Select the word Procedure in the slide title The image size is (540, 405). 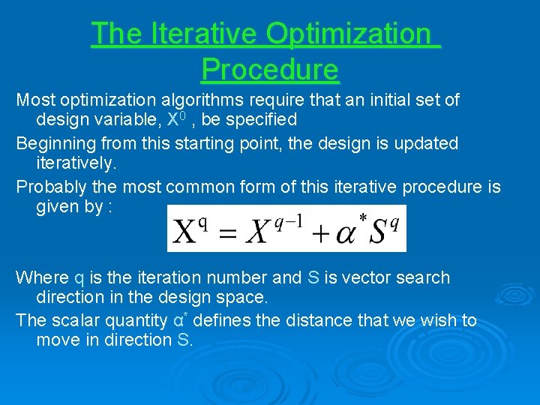[270, 70]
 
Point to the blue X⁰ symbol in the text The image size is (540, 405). [175, 119]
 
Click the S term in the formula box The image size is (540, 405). [378, 231]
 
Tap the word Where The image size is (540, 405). [42, 278]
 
